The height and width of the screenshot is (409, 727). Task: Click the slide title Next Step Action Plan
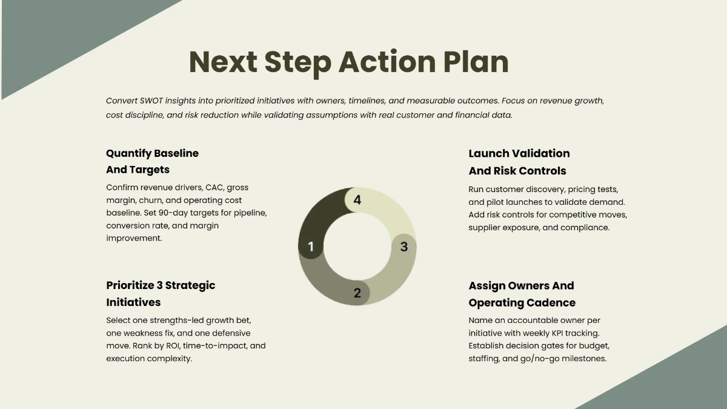348,62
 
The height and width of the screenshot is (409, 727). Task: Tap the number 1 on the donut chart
311,247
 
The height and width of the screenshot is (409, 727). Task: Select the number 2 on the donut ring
357,293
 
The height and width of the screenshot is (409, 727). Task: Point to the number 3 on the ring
404,247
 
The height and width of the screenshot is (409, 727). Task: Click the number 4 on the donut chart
357,200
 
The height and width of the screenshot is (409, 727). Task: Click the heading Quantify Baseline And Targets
152,161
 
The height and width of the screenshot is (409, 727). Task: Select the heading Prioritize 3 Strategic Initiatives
161,293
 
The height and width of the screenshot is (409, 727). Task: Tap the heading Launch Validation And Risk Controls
519,162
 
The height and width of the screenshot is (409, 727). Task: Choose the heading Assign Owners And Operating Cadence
522,294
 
